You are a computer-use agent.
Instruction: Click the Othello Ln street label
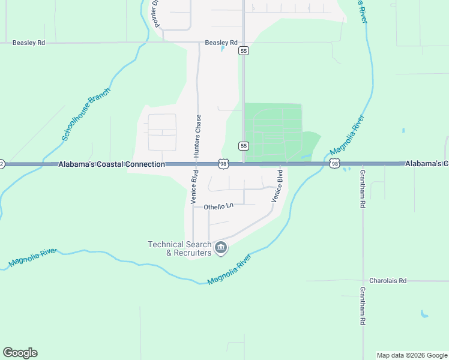tap(218, 206)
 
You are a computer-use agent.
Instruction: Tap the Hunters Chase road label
tap(197, 136)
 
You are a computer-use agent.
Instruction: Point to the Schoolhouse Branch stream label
tap(87, 115)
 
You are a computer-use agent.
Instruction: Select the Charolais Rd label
tap(388, 281)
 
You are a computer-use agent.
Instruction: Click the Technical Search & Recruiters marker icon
tap(221, 248)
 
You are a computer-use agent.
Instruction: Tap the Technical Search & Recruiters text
tap(180, 248)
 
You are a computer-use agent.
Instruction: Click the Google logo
tap(20, 353)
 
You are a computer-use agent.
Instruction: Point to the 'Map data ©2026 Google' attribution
tap(412, 355)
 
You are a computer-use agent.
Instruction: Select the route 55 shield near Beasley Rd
tap(243, 51)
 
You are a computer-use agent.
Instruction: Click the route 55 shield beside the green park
tap(243, 146)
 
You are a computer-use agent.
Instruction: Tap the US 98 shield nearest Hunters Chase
tap(223, 164)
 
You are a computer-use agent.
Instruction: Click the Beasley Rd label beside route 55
tap(221, 43)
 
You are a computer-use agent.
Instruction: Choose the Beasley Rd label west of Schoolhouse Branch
tap(29, 43)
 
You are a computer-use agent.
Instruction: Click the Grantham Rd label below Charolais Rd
tap(362, 305)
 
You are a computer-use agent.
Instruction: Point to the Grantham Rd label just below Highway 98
tap(362, 188)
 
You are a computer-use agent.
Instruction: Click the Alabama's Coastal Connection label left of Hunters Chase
tap(112, 164)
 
